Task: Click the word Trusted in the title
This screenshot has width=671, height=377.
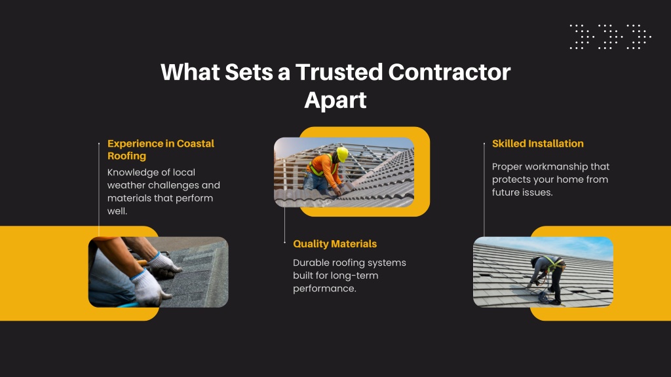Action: click(339, 72)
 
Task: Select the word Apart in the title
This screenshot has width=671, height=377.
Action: click(335, 101)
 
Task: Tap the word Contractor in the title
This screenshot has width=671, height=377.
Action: click(450, 72)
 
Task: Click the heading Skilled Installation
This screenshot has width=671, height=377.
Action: click(537, 143)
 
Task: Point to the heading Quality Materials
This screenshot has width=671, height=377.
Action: click(335, 244)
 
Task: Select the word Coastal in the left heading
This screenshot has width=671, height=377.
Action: click(195, 143)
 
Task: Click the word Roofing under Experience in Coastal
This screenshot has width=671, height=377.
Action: click(126, 156)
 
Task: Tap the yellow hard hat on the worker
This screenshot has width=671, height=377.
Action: click(342, 154)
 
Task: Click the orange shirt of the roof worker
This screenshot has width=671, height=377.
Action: click(324, 170)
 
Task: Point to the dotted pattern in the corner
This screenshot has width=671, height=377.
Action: click(610, 37)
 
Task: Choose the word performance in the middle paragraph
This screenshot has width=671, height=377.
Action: click(324, 289)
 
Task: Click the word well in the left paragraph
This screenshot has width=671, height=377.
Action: click(117, 211)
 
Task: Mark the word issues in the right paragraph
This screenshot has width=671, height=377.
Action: click(540, 193)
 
